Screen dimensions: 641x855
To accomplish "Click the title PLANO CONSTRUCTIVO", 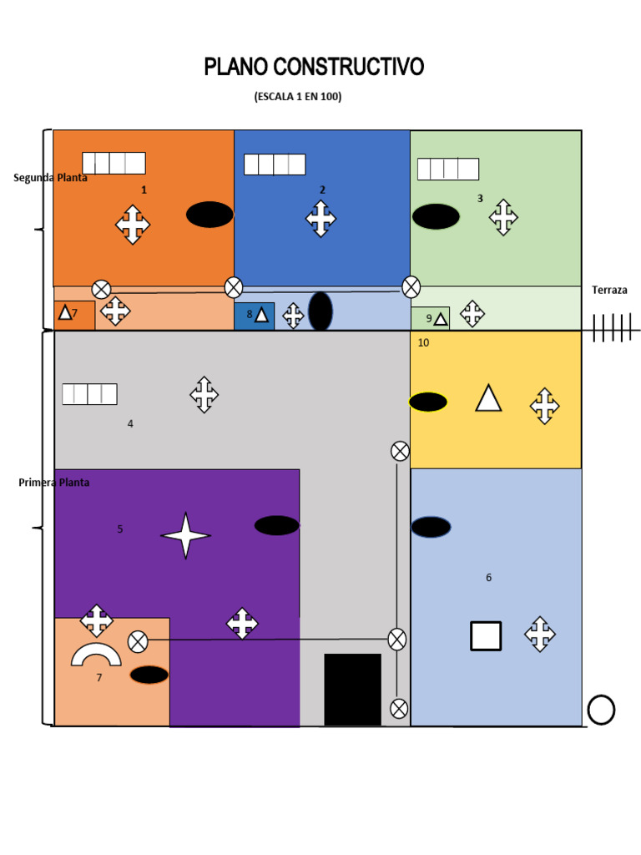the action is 314,67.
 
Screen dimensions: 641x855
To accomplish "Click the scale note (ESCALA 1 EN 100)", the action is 298,97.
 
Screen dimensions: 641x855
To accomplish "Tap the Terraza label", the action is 609,291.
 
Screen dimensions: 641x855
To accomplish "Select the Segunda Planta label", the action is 50,178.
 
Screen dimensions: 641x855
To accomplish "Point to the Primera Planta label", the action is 53,483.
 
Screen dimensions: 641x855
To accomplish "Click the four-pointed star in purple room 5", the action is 185,535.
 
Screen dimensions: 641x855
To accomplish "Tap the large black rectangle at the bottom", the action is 352,689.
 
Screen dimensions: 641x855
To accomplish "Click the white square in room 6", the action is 486,635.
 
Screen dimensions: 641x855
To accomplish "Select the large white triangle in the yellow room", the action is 488,398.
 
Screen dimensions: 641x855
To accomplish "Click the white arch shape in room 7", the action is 96,655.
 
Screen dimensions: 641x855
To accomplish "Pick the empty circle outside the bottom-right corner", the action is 601,710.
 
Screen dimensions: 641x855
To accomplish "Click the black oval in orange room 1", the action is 209,215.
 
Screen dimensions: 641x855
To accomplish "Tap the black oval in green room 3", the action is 436,216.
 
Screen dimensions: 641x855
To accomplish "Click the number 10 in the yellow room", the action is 423,343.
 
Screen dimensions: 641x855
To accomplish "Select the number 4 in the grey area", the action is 130,424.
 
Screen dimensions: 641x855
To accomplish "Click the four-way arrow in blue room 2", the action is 320,219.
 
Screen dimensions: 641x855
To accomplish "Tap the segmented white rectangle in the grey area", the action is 89,394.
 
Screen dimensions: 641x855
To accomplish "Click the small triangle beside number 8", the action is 261,315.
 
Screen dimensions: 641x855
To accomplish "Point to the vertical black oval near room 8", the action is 320,311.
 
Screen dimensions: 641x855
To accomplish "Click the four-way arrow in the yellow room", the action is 544,406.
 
